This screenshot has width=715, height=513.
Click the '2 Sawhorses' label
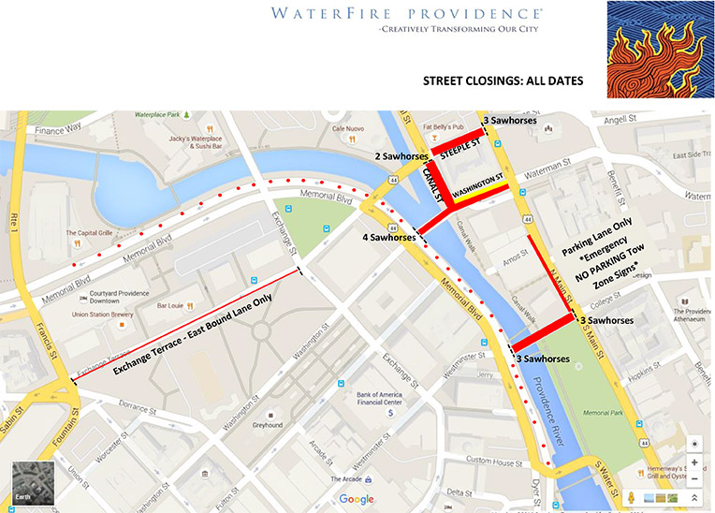(x=402, y=155)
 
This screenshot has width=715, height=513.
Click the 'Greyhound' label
(x=267, y=425)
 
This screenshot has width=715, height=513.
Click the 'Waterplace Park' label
(x=155, y=114)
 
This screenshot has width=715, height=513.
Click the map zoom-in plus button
(x=694, y=462)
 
